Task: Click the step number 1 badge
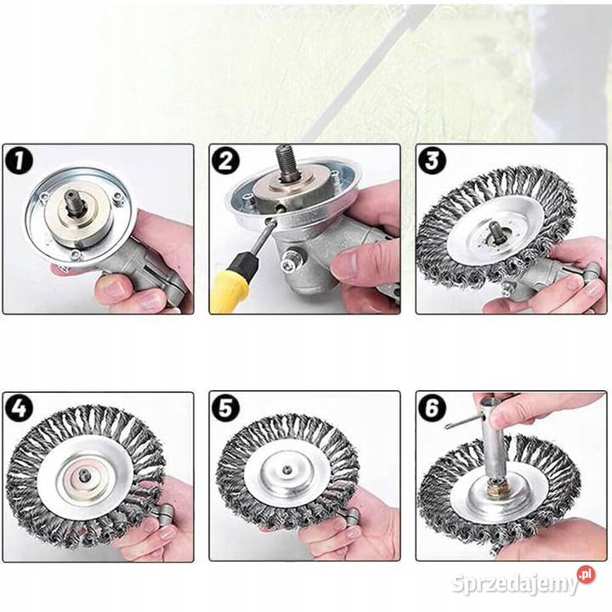19,161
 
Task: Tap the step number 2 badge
225,161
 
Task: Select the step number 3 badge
432,161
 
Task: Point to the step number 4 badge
19,409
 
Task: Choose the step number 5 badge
225,409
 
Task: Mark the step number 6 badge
432,409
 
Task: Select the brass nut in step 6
496,487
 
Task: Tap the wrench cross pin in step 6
462,422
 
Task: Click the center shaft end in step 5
287,468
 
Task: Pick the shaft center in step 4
83,475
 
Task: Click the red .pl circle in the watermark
586,575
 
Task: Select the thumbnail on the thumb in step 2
347,263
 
